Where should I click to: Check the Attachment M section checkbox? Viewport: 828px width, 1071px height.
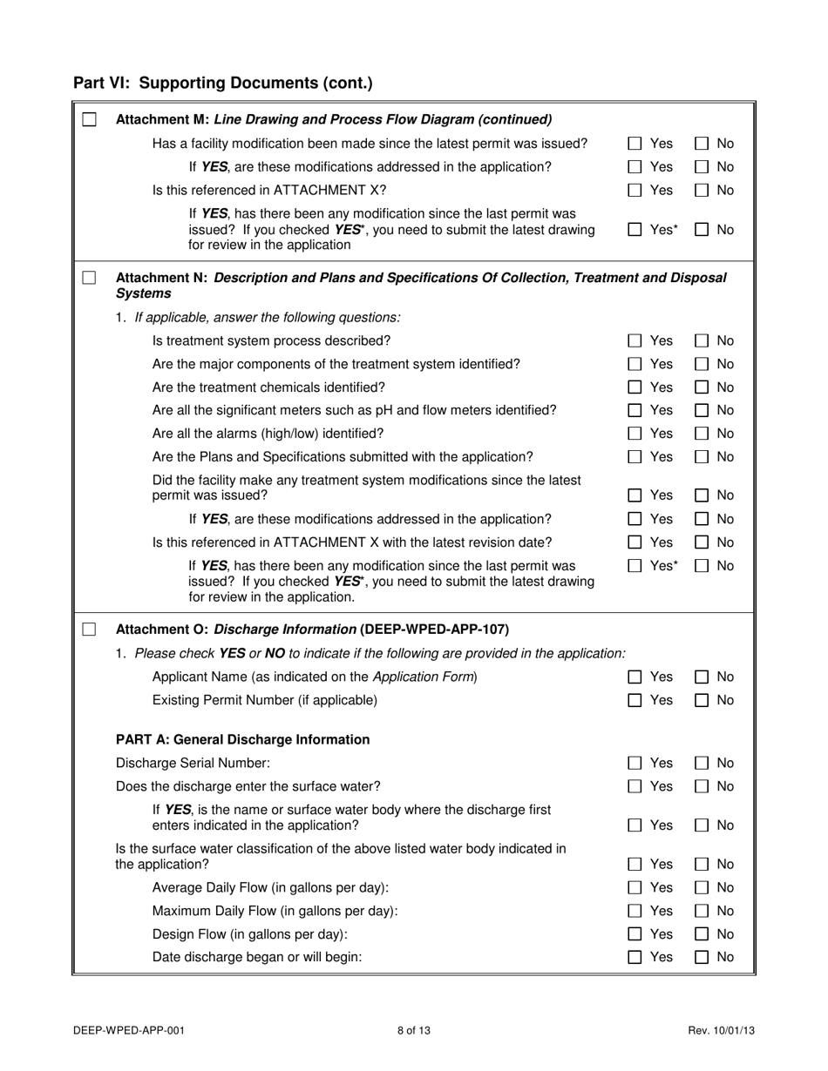(x=89, y=120)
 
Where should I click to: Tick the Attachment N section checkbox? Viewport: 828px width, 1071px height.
(x=89, y=278)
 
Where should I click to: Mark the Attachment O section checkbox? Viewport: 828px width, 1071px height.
(x=89, y=630)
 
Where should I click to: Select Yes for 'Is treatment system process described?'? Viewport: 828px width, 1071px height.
(x=636, y=340)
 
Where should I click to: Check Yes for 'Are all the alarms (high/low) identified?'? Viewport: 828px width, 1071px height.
(x=636, y=434)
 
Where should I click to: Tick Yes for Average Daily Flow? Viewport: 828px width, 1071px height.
(x=636, y=888)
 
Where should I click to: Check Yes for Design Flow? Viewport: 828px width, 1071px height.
(x=636, y=934)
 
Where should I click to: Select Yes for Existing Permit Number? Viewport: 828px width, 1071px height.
(x=636, y=701)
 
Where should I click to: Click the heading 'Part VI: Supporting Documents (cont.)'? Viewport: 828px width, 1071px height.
(x=222, y=84)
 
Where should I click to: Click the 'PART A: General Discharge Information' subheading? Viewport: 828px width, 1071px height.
(x=242, y=740)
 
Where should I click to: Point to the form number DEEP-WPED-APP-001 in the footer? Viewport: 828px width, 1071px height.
(x=129, y=1031)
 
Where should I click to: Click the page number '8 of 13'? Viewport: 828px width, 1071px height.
(x=414, y=1031)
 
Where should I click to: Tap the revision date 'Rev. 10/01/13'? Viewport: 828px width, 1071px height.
(x=721, y=1031)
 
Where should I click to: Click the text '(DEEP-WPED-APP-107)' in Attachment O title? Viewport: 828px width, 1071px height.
(x=434, y=630)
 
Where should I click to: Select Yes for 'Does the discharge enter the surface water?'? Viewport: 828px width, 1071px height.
(x=636, y=787)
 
